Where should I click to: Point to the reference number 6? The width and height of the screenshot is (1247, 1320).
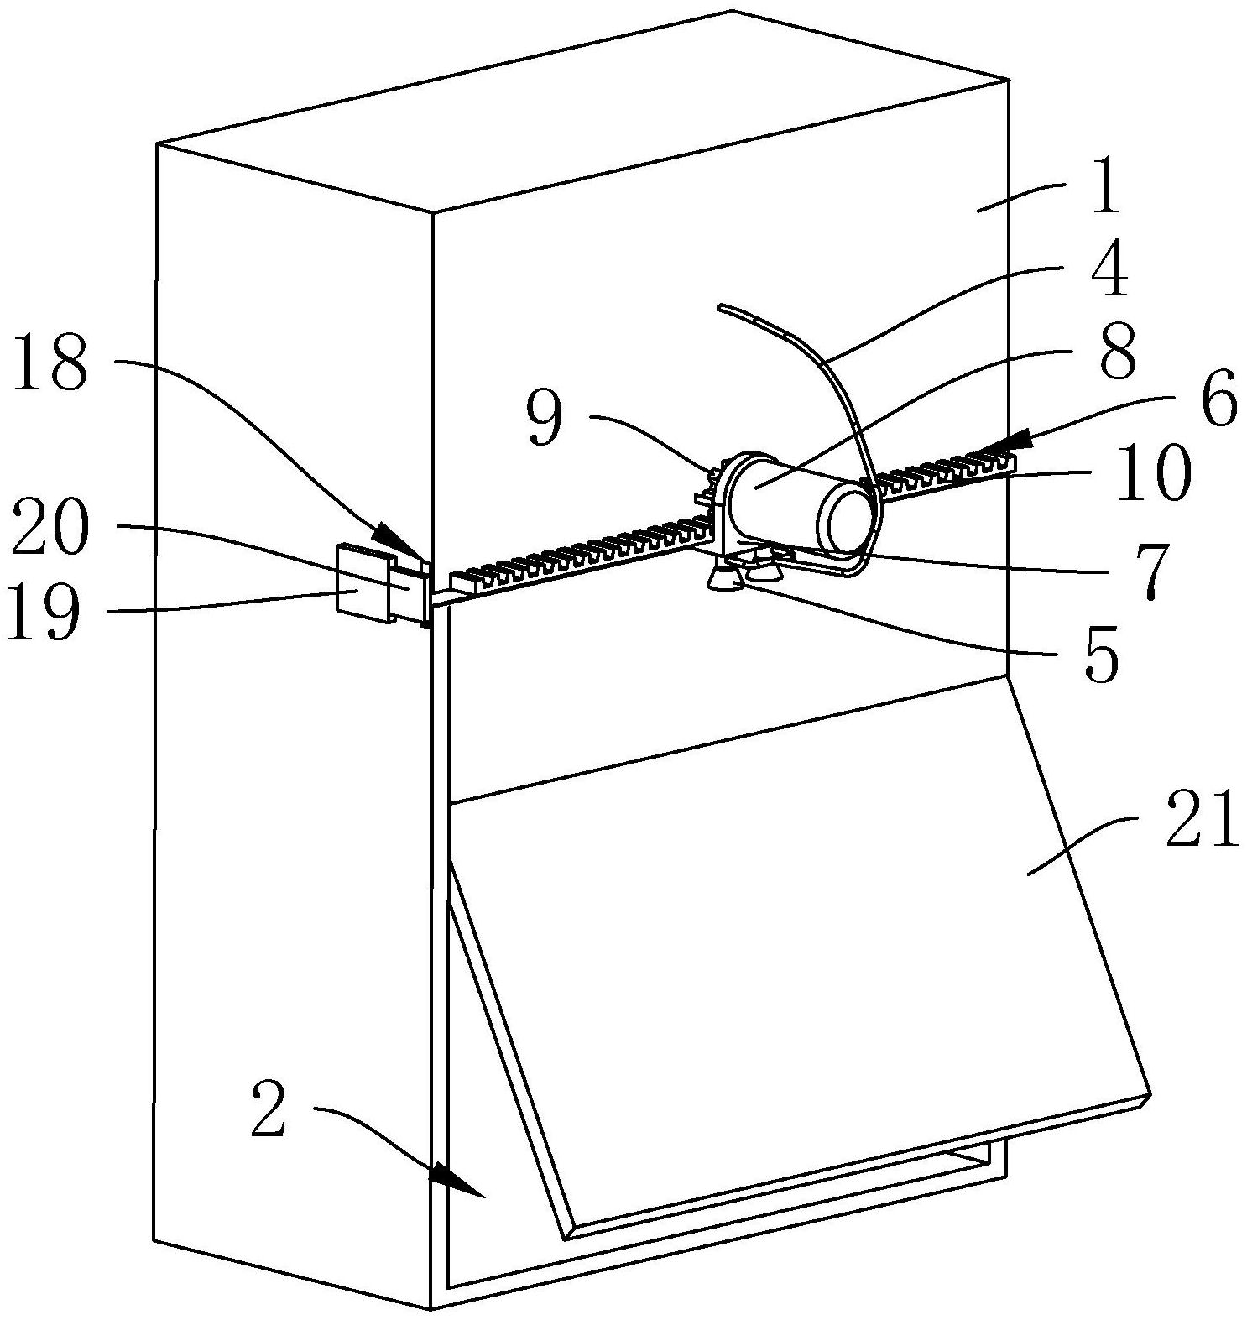click(x=1218, y=402)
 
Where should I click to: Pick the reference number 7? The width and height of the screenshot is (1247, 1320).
click(x=1150, y=567)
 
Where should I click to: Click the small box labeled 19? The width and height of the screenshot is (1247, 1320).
click(x=361, y=584)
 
